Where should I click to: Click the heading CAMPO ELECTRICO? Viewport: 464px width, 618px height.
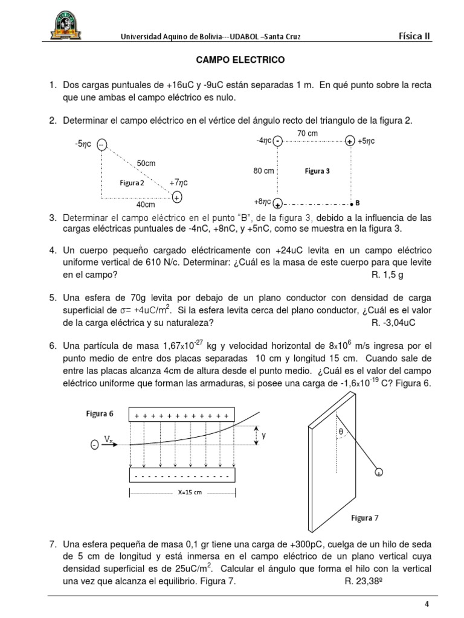tap(232, 61)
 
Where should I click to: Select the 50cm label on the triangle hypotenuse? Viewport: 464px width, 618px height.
tap(146, 164)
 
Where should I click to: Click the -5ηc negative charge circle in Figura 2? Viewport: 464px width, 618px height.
tap(101, 144)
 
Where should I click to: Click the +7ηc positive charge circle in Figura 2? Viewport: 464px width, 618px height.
tap(176, 197)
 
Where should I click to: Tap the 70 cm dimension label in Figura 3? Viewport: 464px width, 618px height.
tap(308, 133)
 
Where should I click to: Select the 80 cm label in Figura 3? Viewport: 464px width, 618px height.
tap(263, 171)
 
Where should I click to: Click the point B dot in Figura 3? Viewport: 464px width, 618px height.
tap(351, 203)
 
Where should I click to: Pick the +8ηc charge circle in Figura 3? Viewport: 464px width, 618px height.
tap(277, 203)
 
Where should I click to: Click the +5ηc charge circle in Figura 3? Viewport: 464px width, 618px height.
tap(350, 142)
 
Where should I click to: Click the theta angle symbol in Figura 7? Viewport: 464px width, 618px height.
tap(340, 432)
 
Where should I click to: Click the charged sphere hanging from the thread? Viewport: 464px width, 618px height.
tap(378, 473)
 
